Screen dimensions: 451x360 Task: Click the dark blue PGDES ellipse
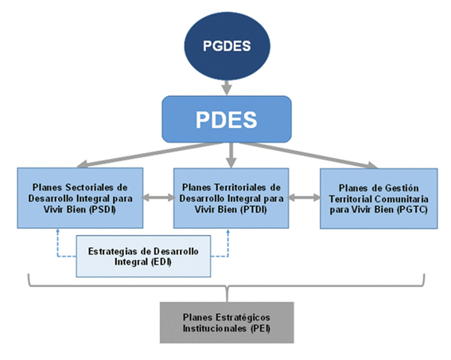click(x=227, y=46)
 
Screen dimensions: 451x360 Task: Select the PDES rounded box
click(x=227, y=119)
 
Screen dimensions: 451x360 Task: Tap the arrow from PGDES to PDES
click(x=227, y=87)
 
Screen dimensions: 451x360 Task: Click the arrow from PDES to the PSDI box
click(x=150, y=155)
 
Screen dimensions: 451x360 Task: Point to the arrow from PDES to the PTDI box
click(x=231, y=155)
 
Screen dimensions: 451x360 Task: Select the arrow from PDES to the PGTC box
click(x=308, y=155)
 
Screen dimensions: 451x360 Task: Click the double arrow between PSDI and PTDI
click(x=158, y=198)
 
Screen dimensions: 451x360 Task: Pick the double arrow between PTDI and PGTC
click(x=305, y=198)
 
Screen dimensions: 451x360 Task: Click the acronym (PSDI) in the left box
click(x=103, y=210)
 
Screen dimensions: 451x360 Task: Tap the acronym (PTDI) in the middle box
click(x=253, y=210)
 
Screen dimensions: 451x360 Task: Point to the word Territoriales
click(x=239, y=188)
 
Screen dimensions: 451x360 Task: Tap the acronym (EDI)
click(x=160, y=262)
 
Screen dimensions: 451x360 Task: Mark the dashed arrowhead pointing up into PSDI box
click(x=58, y=230)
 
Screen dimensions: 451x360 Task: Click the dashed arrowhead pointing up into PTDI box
click(x=228, y=230)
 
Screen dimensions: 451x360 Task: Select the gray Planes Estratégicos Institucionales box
click(x=227, y=323)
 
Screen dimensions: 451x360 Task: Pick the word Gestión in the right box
click(x=402, y=188)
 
